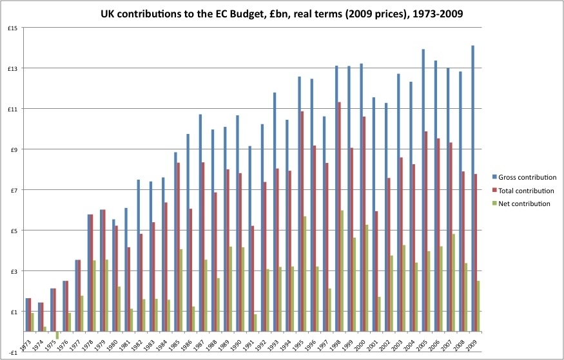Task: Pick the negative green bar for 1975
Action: point(57,335)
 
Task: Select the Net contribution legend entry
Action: point(523,204)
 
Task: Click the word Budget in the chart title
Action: point(258,13)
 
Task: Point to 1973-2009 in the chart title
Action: point(442,13)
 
